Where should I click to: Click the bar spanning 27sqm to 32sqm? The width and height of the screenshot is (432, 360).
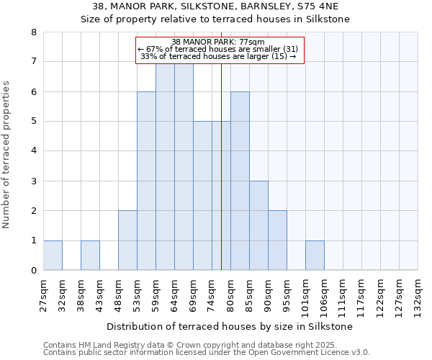coord(53,256)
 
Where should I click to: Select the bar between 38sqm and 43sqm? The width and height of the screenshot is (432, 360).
coord(90,256)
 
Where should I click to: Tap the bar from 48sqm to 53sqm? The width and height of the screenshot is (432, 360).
coord(127,240)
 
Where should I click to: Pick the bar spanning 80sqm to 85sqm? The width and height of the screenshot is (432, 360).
coord(240,181)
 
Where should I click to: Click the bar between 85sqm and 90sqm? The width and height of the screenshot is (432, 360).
coord(258,225)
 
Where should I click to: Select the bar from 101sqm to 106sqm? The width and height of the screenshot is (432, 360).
coord(315,256)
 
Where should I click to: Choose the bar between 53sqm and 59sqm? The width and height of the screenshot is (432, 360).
coord(146,181)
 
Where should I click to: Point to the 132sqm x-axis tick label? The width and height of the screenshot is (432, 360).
coord(418,294)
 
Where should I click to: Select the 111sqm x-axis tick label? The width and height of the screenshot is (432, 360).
coord(343,294)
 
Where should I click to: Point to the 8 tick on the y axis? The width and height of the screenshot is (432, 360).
coord(33,32)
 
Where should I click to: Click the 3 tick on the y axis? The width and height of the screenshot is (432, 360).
coord(33,181)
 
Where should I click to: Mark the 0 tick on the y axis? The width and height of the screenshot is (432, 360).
coord(33,271)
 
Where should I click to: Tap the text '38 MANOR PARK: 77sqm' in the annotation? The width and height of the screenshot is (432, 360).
coord(219,42)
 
